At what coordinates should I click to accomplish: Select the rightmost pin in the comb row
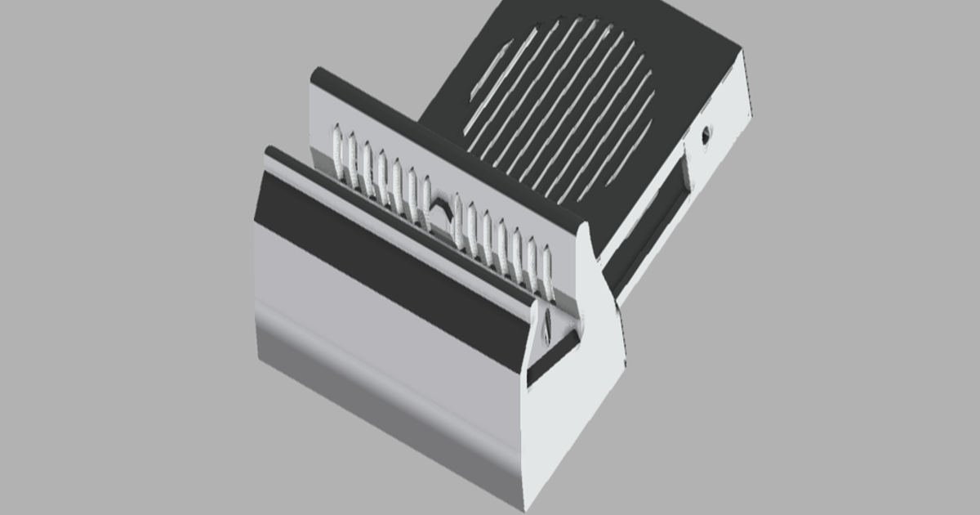547,274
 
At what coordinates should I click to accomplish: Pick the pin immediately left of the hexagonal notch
426,200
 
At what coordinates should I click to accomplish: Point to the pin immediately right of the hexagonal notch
457,220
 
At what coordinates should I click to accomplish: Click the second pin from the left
352,157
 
